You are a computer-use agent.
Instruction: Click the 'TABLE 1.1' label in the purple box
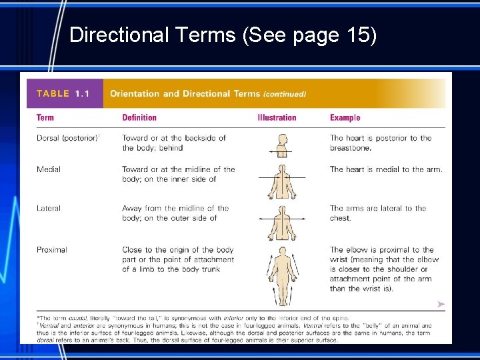[63, 93]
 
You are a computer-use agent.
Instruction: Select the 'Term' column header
[45, 118]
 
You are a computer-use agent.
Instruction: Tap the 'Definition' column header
[139, 118]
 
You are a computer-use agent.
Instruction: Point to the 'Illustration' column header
[277, 118]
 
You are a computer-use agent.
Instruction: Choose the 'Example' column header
[345, 118]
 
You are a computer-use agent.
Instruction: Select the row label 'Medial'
[49, 169]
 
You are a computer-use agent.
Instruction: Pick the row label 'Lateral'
[49, 208]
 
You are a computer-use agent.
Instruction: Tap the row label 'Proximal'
[52, 249]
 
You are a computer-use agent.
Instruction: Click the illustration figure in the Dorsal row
[281, 145]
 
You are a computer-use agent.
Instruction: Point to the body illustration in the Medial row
[281, 181]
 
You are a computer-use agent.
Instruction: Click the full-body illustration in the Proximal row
[281, 277]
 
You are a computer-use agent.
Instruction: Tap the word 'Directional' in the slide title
[117, 35]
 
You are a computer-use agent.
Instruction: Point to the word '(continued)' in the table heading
[285, 94]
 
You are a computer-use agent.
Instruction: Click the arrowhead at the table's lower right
[441, 304]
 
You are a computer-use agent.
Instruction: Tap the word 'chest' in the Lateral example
[339, 218]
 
